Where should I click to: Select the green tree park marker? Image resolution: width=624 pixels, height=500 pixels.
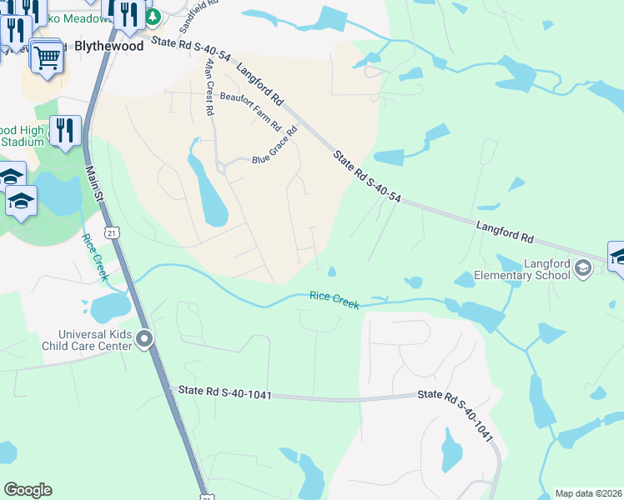point(153,17)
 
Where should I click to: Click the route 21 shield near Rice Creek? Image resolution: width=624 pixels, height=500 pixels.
point(111,232)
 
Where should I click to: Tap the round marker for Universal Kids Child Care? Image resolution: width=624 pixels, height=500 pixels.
point(145,338)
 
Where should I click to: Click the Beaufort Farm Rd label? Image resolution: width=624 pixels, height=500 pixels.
point(250,111)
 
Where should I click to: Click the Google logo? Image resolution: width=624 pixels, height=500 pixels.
point(28,490)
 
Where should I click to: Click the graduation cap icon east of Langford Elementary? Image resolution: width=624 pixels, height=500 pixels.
point(618,256)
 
